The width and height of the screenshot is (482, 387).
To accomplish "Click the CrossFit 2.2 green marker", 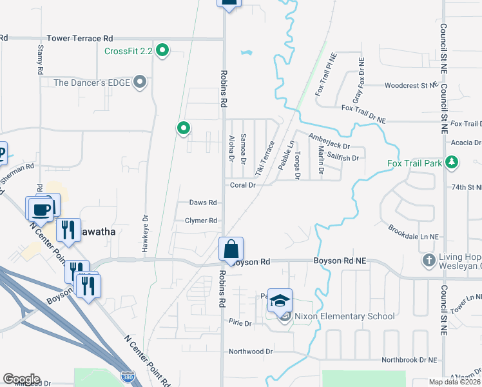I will click(x=163, y=50).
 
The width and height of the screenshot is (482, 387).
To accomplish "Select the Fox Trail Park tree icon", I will click(x=452, y=163).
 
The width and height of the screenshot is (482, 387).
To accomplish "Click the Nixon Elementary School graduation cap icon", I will click(x=280, y=300).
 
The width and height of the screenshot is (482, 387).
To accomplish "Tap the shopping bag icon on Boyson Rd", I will click(x=231, y=248).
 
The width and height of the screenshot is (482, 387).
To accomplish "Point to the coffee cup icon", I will click(x=41, y=209).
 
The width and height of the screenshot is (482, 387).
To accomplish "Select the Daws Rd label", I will click(x=203, y=202).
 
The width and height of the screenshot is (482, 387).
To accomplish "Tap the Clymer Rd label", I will click(x=201, y=221).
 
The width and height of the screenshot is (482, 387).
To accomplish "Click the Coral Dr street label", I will click(x=244, y=184).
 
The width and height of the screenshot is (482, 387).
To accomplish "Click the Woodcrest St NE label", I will click(x=410, y=85).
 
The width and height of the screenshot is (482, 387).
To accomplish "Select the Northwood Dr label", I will click(x=246, y=352).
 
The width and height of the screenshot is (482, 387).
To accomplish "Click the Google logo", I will click(x=21, y=379).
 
